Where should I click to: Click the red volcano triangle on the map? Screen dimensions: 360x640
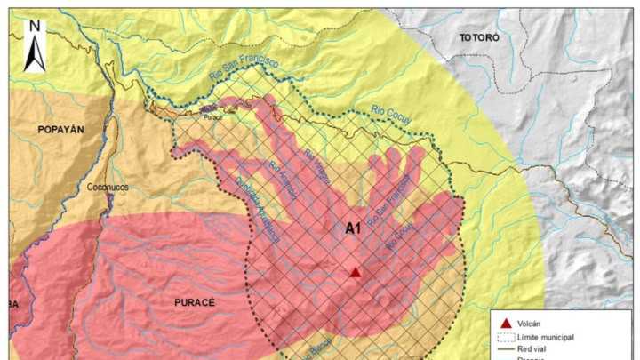click(x=355, y=273)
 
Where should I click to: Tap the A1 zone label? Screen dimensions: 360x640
click(x=353, y=228)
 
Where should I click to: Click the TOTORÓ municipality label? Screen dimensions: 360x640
click(x=480, y=38)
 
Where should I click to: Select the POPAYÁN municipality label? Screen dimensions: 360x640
click(x=60, y=130)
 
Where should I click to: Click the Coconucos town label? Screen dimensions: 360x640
click(x=108, y=188)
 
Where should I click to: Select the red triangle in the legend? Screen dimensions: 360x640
click(x=506, y=323)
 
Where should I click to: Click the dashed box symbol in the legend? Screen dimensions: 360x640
click(x=506, y=338)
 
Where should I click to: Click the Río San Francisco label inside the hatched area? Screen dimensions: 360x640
click(x=388, y=200)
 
